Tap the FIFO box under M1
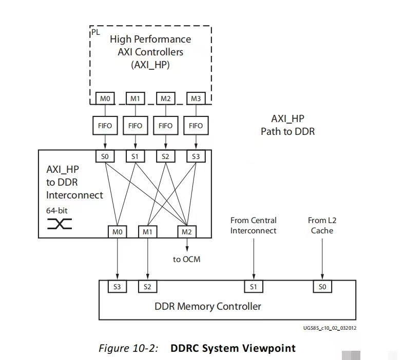pyautogui.click(x=135, y=125)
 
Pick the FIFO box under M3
pyautogui.click(x=196, y=125)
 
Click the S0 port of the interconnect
pyautogui.click(x=105, y=156)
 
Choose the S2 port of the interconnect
pyautogui.click(x=165, y=156)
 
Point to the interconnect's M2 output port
pyautogui.click(x=186, y=232)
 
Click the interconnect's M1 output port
pyautogui.click(x=147, y=232)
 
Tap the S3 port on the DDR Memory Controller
pyautogui.click(x=118, y=287)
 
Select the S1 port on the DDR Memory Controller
pyautogui.click(x=253, y=287)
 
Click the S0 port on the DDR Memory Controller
pyautogui.click(x=322, y=287)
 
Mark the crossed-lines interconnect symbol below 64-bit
pyautogui.click(x=60, y=224)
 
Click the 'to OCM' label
pyautogui.click(x=186, y=259)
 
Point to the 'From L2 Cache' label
pyautogui.click(x=322, y=225)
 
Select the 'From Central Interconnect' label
pyautogui.click(x=253, y=225)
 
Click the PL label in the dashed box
pyautogui.click(x=96, y=32)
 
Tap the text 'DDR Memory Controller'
pyautogui.click(x=208, y=306)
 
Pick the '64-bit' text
pyautogui.click(x=57, y=210)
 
